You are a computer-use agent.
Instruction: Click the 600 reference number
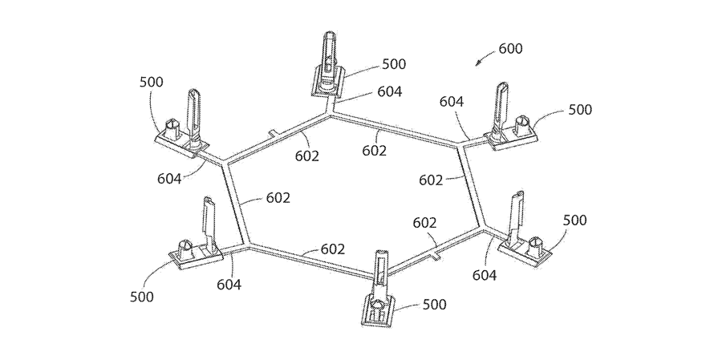(x=510, y=49)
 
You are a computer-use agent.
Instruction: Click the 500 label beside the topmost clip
(x=394, y=64)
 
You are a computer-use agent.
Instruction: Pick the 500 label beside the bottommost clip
(x=434, y=305)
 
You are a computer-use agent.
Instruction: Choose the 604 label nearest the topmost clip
(x=389, y=92)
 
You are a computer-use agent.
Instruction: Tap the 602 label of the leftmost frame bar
(x=278, y=198)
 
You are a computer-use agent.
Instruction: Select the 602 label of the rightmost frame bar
(x=431, y=180)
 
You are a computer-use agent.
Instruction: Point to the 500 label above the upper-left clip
(x=151, y=82)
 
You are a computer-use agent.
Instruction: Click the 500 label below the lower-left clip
(x=141, y=296)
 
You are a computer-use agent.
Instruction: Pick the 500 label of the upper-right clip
(x=580, y=110)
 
